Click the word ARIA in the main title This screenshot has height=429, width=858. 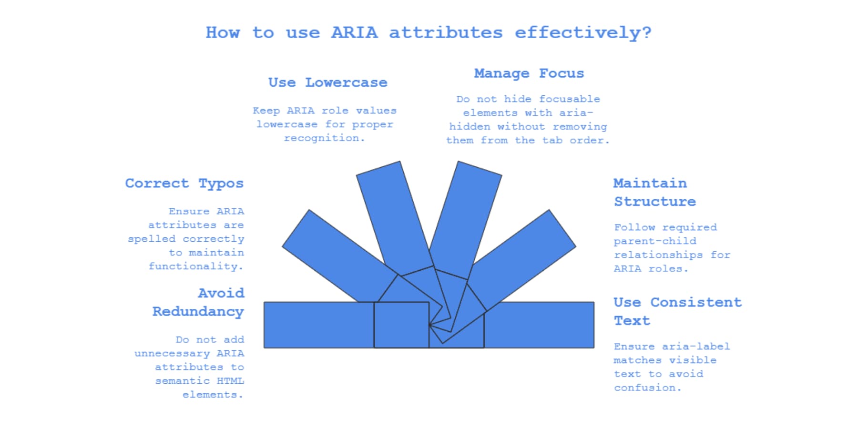coord(354,32)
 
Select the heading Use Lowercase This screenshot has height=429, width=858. coord(327,82)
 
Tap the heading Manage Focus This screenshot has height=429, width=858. coord(529,73)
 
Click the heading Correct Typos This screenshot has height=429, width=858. coord(184,184)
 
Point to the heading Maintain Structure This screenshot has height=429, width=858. coord(654,192)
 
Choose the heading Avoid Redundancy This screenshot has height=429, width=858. coord(198,302)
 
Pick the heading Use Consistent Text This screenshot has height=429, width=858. coord(677,311)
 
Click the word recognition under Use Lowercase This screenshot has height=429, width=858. coord(324,138)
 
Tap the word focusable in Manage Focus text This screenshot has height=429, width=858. coord(569,99)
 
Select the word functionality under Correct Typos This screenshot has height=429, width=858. coord(195,266)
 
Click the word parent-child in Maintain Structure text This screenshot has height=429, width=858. coord(654,241)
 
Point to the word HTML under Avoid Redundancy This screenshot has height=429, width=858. coord(230,381)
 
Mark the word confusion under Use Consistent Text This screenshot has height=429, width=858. coord(647,388)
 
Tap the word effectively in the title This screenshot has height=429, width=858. coord(582,32)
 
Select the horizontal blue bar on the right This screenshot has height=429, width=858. coord(541,325)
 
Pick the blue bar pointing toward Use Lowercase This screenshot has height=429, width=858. coord(388,210)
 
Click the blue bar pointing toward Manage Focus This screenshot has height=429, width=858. coord(470,210)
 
